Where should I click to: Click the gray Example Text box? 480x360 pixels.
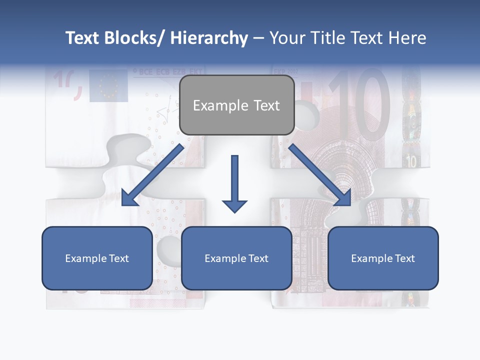[236, 105]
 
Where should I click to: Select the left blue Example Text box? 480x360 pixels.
[97, 258]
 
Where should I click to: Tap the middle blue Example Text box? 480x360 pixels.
[236, 258]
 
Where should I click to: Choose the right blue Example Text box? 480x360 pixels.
[383, 258]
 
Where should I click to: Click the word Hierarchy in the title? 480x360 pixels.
[209, 38]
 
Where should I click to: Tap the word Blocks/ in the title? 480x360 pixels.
[133, 38]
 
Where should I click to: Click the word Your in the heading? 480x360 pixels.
[285, 38]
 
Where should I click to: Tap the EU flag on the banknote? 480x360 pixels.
[108, 85]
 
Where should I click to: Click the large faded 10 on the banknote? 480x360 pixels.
[360, 105]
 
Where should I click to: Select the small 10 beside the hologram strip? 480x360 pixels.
[411, 161]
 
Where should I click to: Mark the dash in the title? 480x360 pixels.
[258, 38]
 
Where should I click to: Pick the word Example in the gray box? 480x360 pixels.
[213, 105]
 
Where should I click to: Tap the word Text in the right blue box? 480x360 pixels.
[404, 258]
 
